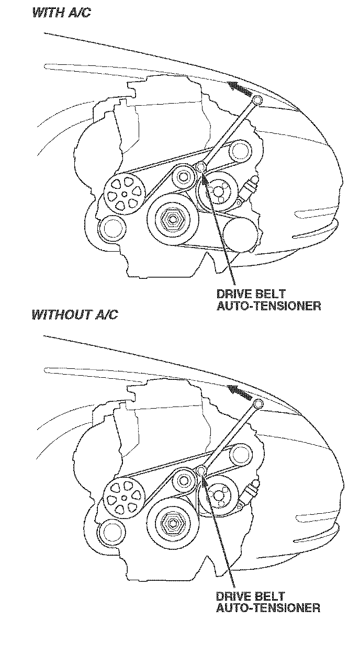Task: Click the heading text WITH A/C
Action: coord(61,13)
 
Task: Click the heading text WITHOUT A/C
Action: coord(75,314)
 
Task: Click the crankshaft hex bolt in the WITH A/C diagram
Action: coord(171,219)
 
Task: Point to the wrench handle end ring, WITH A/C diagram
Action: coord(257,100)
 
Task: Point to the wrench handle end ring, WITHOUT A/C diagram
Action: coord(257,403)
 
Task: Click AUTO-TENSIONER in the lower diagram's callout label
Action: coord(268,608)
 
